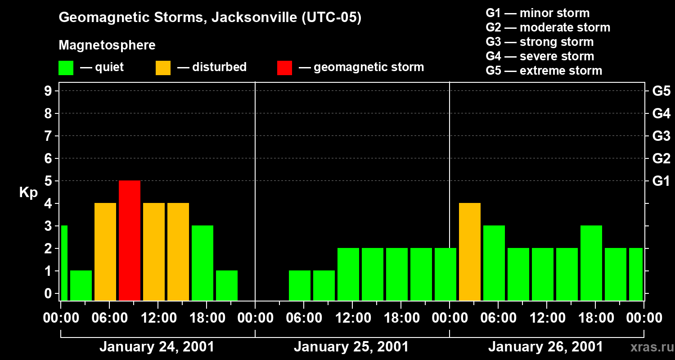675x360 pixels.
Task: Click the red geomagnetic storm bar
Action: click(130, 240)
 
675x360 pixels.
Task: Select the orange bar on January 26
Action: click(470, 252)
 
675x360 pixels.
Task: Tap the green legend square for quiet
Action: click(66, 67)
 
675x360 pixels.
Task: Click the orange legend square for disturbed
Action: click(163, 67)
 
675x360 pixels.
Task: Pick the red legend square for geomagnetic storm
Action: click(284, 67)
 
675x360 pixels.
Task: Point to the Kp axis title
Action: click(28, 193)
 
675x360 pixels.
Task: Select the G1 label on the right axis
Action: click(661, 181)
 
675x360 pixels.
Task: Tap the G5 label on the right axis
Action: click(661, 91)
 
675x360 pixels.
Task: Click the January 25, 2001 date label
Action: click(351, 347)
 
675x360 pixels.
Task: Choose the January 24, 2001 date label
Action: click(157, 347)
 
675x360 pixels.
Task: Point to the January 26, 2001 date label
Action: click(545, 347)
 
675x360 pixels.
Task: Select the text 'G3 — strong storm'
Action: click(540, 42)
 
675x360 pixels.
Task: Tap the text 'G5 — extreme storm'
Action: click(544, 71)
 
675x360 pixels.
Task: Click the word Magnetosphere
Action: click(107, 45)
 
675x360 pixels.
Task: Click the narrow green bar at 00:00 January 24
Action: click(64, 263)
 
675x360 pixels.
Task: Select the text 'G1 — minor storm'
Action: click(537, 13)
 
